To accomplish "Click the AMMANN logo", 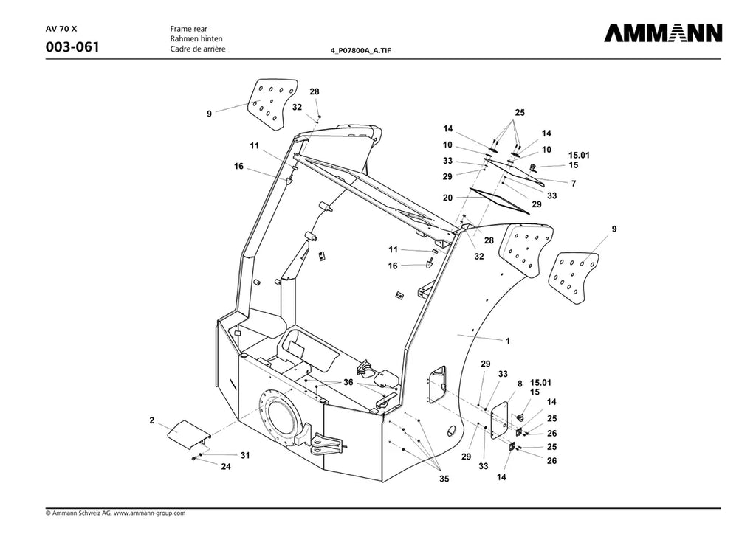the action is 664,32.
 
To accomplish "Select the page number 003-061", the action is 72,47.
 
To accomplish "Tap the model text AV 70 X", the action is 58,29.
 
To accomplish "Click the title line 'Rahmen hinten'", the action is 196,38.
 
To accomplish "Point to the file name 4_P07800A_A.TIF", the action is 360,50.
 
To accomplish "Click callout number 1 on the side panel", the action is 507,341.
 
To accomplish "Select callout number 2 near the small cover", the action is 151,420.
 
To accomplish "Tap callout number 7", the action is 573,184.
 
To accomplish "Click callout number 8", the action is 520,384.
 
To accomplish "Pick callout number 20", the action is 447,198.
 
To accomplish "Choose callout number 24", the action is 226,467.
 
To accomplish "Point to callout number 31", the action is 245,455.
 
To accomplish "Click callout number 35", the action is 444,479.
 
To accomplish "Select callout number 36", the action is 348,382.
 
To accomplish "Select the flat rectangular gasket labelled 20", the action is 500,201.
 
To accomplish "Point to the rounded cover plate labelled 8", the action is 499,420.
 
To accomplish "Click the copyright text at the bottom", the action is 115,513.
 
